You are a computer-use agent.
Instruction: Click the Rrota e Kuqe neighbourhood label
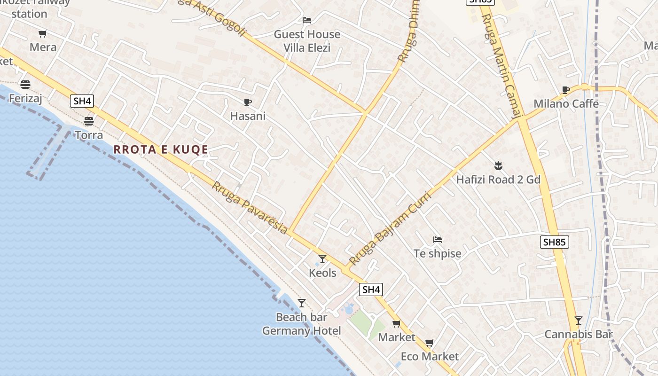click(x=161, y=149)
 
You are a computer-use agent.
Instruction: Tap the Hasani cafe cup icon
click(x=248, y=102)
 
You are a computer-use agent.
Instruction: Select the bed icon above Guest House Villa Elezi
click(x=307, y=20)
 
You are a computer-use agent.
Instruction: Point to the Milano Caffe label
click(x=566, y=103)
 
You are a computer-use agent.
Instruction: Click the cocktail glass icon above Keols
click(x=322, y=258)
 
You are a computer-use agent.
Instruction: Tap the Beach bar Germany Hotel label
click(x=301, y=324)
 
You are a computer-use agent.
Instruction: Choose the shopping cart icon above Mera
click(x=43, y=33)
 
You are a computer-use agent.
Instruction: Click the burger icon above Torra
click(x=89, y=121)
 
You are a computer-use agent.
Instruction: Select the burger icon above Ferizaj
click(x=25, y=85)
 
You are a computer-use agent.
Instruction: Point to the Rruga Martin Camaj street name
click(x=502, y=66)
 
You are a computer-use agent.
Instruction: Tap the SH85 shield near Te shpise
click(x=555, y=242)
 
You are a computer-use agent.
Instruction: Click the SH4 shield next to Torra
click(x=83, y=101)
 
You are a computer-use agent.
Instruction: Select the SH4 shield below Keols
click(x=371, y=290)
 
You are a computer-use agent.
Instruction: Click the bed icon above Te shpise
click(x=438, y=240)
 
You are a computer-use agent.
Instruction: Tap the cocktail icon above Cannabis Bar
click(x=579, y=321)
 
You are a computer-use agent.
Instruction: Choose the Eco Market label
click(x=430, y=356)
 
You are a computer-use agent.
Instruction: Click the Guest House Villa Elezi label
click(x=307, y=41)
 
